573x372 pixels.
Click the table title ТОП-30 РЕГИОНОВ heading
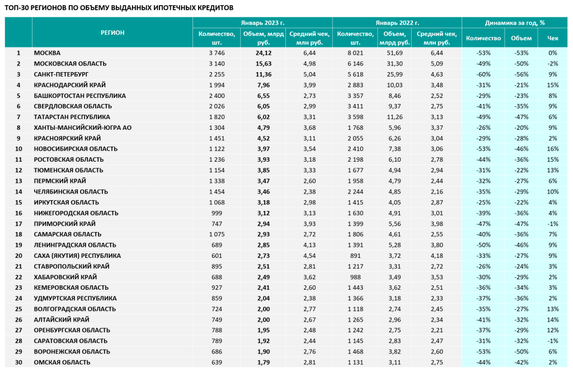[x=119, y=8]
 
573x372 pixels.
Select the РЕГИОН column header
[x=112, y=32]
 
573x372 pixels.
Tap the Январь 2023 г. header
[x=262, y=23]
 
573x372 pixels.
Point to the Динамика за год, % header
[x=515, y=23]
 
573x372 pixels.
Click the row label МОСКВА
[x=47, y=53]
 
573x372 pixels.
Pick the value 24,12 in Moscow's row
[x=263, y=53]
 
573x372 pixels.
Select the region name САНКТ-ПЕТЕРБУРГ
[x=61, y=74]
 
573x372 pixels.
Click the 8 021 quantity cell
[x=355, y=53]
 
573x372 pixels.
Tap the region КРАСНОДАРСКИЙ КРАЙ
[x=70, y=85]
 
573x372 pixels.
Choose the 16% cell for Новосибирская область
[x=552, y=149]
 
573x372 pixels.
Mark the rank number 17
[x=18, y=224]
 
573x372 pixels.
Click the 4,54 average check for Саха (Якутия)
[x=309, y=256]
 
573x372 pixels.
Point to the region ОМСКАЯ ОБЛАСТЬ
[x=62, y=362]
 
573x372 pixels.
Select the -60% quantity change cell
[x=483, y=74]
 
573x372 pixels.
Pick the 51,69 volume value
[x=394, y=53]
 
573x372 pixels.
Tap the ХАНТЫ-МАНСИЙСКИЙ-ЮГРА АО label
[x=83, y=128]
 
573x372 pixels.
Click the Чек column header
[x=552, y=38]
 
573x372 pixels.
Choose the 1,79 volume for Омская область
[x=263, y=362]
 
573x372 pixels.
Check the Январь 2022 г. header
[x=397, y=23]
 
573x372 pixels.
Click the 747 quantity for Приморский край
[x=217, y=224]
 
